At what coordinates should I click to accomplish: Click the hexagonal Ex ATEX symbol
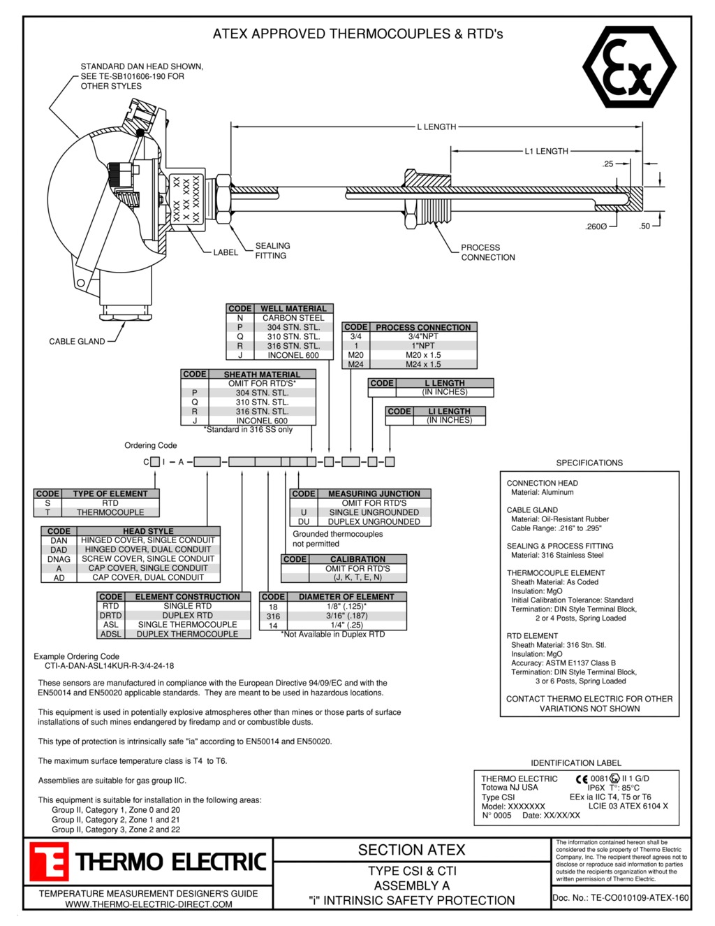pos(629,67)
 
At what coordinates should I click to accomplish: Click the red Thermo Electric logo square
pos(48,862)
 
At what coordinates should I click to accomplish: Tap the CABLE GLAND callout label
pos(77,342)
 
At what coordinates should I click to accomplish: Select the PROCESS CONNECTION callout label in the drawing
pos(487,252)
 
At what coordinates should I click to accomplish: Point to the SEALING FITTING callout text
pos(272,251)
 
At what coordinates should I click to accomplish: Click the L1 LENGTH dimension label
pos(546,151)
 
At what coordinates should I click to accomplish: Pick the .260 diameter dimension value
pos(596,226)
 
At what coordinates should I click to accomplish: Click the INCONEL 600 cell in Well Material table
pos(293,355)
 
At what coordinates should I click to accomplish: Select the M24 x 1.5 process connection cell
pos(423,364)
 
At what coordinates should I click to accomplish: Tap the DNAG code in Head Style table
pos(59,559)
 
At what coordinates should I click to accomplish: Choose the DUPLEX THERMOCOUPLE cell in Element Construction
pos(187,634)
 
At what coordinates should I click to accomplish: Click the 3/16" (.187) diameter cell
pos(346,616)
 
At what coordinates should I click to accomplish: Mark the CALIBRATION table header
pos(357,559)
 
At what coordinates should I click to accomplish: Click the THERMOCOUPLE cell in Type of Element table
pos(110,512)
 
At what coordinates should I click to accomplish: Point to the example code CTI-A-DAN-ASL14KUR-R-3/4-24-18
pos(110,666)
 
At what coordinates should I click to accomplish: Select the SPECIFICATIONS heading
pos(589,463)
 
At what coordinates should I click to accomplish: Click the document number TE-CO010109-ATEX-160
pos(620,898)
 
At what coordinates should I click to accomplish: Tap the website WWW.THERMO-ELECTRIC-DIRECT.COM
pos(149,904)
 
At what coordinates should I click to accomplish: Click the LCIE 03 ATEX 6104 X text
pos(628,806)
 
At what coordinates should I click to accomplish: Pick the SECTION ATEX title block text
pos(411,850)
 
